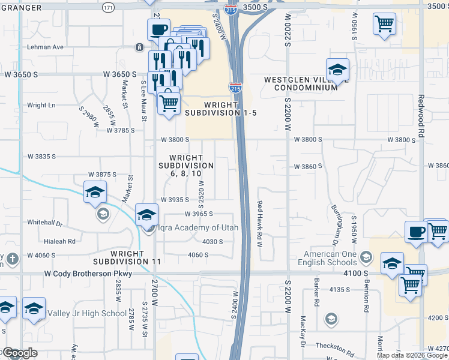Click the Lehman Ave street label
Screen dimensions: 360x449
[x=45, y=47]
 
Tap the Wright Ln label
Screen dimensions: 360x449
[x=41, y=105]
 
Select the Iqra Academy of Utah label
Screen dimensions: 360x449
[x=197, y=227]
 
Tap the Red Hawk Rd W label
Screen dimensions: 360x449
[x=260, y=224]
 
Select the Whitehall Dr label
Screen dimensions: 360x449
[x=44, y=222]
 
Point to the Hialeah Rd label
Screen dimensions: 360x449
[x=59, y=241]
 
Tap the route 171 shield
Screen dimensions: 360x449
[x=107, y=8]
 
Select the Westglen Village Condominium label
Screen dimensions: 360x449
[x=301, y=83]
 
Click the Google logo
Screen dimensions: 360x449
[x=19, y=353]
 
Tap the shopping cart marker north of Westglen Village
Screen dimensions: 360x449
[x=384, y=25]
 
